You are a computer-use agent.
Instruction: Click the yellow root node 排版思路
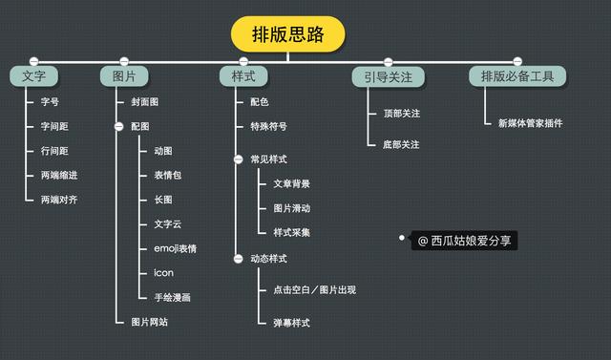click(287, 35)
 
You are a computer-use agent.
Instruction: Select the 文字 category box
click(34, 75)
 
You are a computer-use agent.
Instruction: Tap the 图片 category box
click(123, 75)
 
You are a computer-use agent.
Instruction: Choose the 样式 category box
click(243, 75)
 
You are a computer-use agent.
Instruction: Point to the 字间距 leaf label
click(54, 126)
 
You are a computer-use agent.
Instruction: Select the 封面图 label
click(145, 101)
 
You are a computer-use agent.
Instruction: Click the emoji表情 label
click(175, 249)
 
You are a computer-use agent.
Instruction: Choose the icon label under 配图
click(163, 273)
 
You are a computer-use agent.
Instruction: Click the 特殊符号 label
click(268, 125)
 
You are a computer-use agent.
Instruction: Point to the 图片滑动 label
click(291, 207)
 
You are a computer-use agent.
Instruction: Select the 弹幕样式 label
click(291, 323)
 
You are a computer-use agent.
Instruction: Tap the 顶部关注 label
click(402, 114)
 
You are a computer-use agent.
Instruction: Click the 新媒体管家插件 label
click(531, 122)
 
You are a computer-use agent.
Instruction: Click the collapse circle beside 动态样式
click(238, 259)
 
